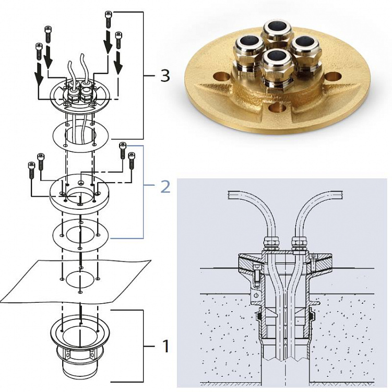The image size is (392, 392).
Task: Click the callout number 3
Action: (165, 76)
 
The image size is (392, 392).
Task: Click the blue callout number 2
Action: (165, 187)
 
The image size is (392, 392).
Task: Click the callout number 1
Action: (165, 346)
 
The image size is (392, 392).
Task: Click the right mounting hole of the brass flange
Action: (334, 76)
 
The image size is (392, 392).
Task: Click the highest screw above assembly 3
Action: (108, 19)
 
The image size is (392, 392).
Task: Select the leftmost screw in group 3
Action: (39, 52)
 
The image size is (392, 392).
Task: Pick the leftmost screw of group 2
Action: (31, 170)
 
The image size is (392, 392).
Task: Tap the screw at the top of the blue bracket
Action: (123, 150)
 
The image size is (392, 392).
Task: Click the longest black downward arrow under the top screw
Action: (108, 42)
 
